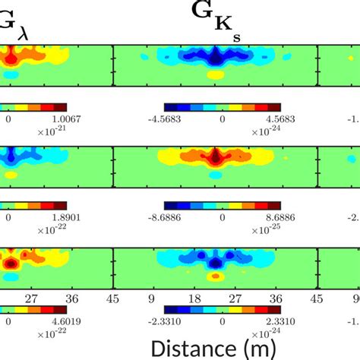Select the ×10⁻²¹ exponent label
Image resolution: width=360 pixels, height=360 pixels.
point(50,131)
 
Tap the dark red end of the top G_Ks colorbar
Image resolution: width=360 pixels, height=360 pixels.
point(274,107)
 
